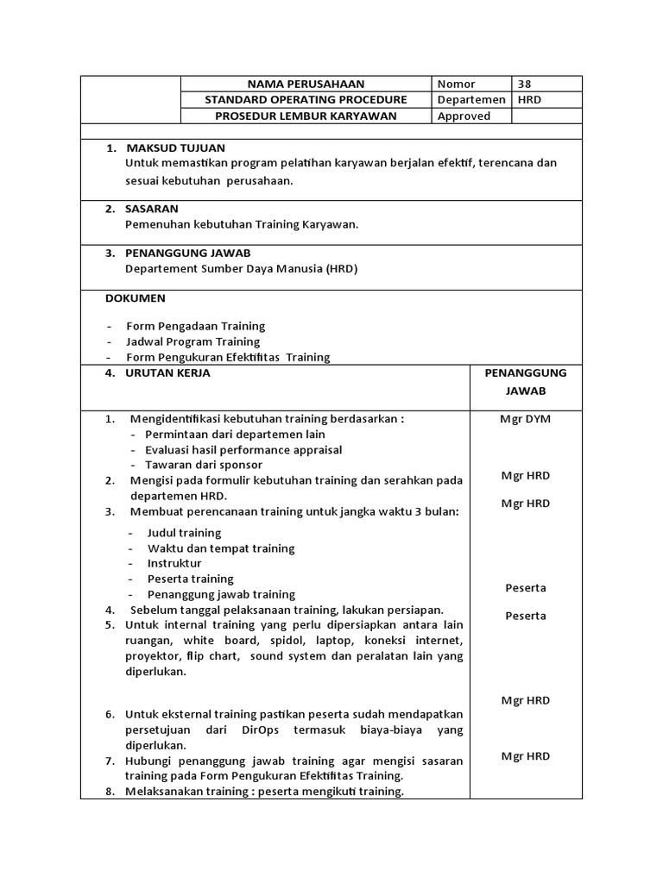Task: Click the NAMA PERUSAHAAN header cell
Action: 306,84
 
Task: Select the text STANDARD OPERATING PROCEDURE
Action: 306,100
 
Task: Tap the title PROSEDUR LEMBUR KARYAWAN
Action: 306,116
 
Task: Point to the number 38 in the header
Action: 525,84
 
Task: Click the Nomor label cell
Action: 456,84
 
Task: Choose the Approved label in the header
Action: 464,116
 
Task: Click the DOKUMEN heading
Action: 136,298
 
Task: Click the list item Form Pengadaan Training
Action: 195,326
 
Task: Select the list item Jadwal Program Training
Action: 193,341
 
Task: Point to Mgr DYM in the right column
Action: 525,419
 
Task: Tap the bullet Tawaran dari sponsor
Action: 204,465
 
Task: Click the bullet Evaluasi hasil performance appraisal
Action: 243,449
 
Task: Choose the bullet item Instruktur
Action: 174,563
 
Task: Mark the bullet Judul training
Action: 184,533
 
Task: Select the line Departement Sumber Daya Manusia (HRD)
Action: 241,268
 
